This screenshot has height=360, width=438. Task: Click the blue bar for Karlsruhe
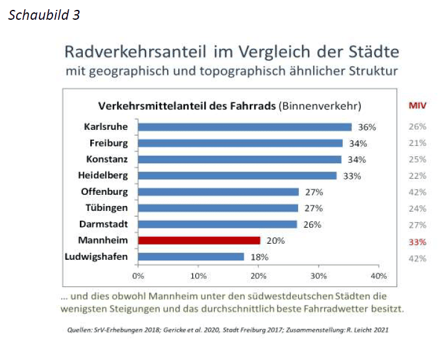[x=244, y=127]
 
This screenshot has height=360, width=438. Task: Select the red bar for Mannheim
[x=199, y=241]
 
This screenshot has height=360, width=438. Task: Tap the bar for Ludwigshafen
[x=191, y=257]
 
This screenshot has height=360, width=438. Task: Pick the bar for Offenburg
[x=218, y=192]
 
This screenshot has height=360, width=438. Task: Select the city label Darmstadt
[x=104, y=224]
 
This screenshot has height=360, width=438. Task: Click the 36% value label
[x=367, y=127]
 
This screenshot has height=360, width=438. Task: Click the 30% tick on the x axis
[x=318, y=275]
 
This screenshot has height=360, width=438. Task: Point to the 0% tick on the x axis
[x=138, y=275]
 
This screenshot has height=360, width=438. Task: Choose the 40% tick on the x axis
[x=378, y=275]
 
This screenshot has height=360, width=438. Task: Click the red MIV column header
[x=418, y=106]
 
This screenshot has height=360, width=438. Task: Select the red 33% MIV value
[x=418, y=242]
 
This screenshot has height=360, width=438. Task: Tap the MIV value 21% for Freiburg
[x=418, y=143]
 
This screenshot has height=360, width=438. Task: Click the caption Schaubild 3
[x=44, y=15]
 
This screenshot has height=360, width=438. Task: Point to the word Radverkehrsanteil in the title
[x=127, y=51]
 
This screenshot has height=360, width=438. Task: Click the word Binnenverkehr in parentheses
[x=320, y=106]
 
